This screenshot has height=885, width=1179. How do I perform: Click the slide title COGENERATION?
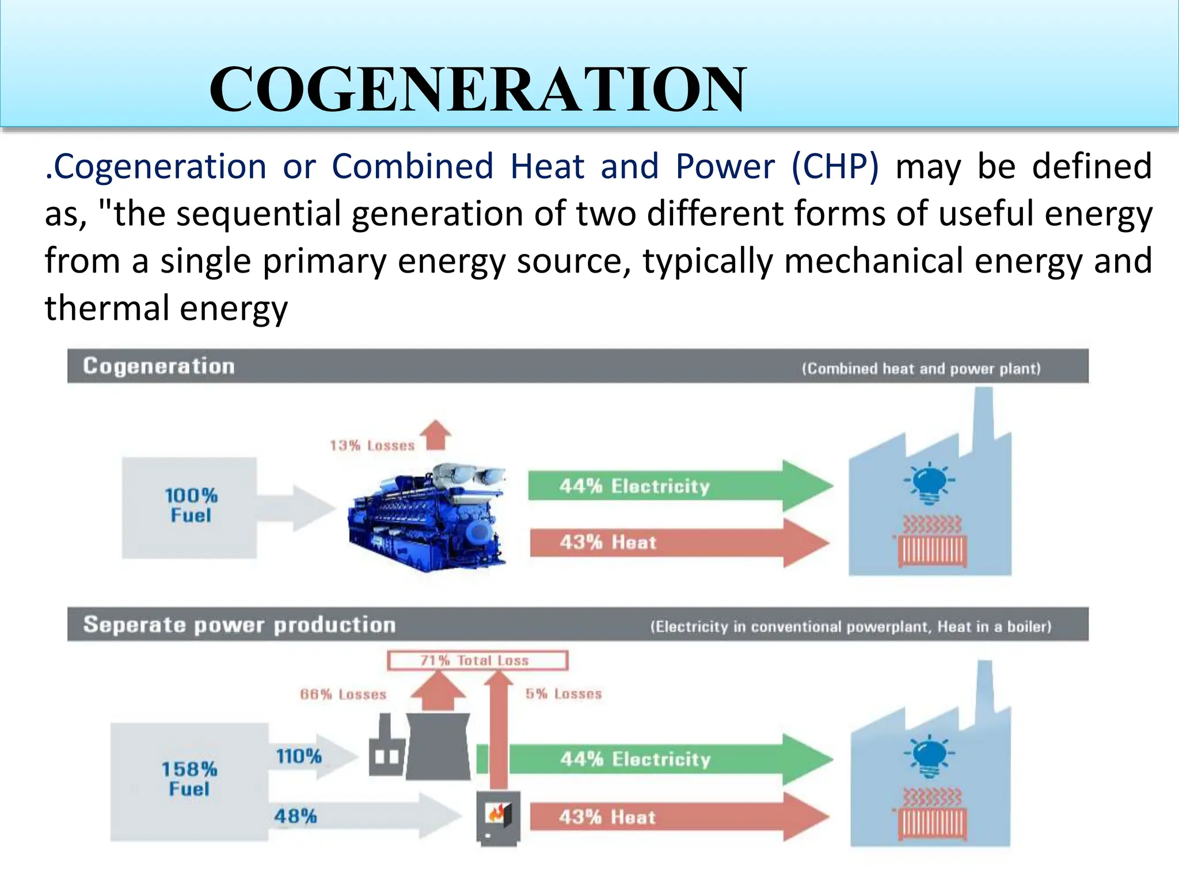pyautogui.click(x=477, y=89)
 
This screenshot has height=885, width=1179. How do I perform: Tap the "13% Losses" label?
pyautogui.click(x=372, y=445)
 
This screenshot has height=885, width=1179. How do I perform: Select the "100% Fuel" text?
pyautogui.click(x=191, y=505)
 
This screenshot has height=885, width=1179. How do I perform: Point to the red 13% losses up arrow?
pyautogui.click(x=436, y=434)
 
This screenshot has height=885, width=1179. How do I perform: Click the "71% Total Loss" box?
pyautogui.click(x=477, y=660)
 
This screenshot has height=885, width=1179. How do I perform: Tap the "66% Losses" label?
pyautogui.click(x=343, y=694)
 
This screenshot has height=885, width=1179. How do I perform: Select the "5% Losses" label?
pyautogui.click(x=564, y=694)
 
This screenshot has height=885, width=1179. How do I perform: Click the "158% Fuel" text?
pyautogui.click(x=189, y=778)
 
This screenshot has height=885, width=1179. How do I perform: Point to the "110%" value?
pyautogui.click(x=299, y=756)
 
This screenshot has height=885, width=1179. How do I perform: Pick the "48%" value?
pyautogui.click(x=295, y=816)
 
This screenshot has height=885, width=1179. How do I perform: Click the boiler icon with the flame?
pyautogui.click(x=498, y=817)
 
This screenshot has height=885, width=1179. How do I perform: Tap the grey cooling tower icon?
pyautogui.click(x=438, y=746)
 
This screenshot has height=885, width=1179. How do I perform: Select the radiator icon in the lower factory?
pyautogui.click(x=932, y=818)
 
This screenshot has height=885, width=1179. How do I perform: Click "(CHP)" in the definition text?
pyautogui.click(x=835, y=167)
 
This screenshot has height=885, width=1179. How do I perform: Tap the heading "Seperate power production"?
pyautogui.click(x=239, y=625)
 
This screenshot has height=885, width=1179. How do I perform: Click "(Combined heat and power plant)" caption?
pyautogui.click(x=921, y=369)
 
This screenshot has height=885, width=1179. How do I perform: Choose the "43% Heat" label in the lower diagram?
pyautogui.click(x=607, y=817)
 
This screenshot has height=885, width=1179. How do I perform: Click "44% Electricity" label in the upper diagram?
pyautogui.click(x=634, y=486)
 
